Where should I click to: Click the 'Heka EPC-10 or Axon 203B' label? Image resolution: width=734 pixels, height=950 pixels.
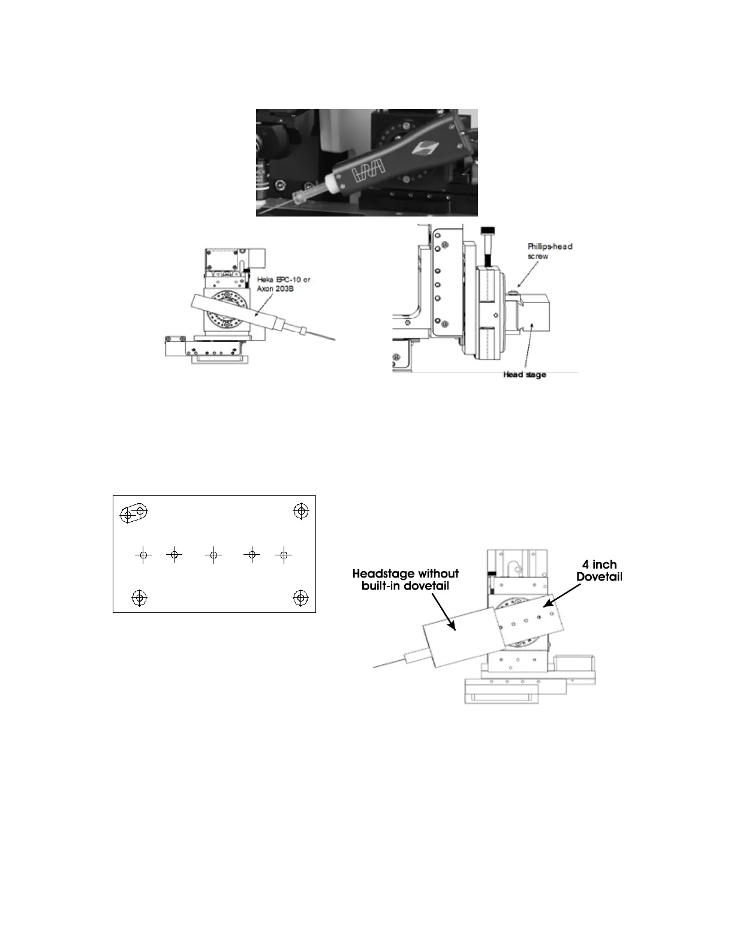point(283,284)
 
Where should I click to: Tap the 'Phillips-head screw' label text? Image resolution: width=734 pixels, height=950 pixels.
point(549,251)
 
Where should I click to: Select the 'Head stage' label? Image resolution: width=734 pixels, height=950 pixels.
point(524,375)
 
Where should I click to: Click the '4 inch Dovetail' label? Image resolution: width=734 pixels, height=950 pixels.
point(599,570)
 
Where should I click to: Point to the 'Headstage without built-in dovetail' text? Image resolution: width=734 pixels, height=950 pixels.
point(405,579)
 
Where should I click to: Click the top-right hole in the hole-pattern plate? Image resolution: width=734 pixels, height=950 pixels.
point(301,511)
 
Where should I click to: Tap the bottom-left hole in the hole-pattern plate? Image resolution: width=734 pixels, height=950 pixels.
point(139,597)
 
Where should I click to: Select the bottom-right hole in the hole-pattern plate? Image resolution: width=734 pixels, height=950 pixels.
point(301,597)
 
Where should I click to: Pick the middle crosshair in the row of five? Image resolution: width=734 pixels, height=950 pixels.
point(213,555)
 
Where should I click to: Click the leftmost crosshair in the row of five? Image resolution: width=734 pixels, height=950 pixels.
point(143,555)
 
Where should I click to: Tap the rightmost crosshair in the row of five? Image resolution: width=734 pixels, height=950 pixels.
point(284,555)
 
